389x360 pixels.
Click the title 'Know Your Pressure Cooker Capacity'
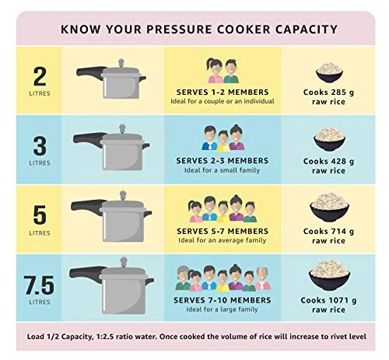point(198,29)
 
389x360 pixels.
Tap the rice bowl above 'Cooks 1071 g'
point(328,272)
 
